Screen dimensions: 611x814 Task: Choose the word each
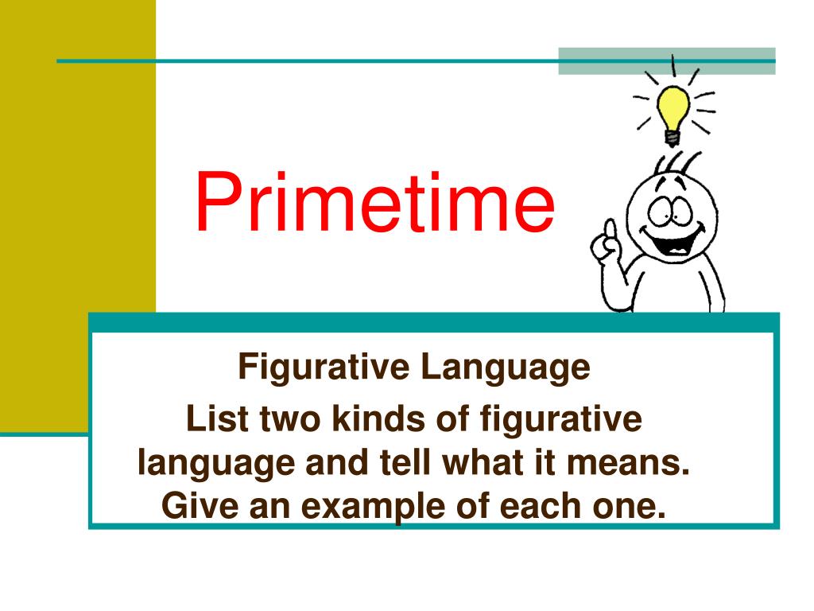(527, 506)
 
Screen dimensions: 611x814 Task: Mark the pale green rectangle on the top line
(666, 61)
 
